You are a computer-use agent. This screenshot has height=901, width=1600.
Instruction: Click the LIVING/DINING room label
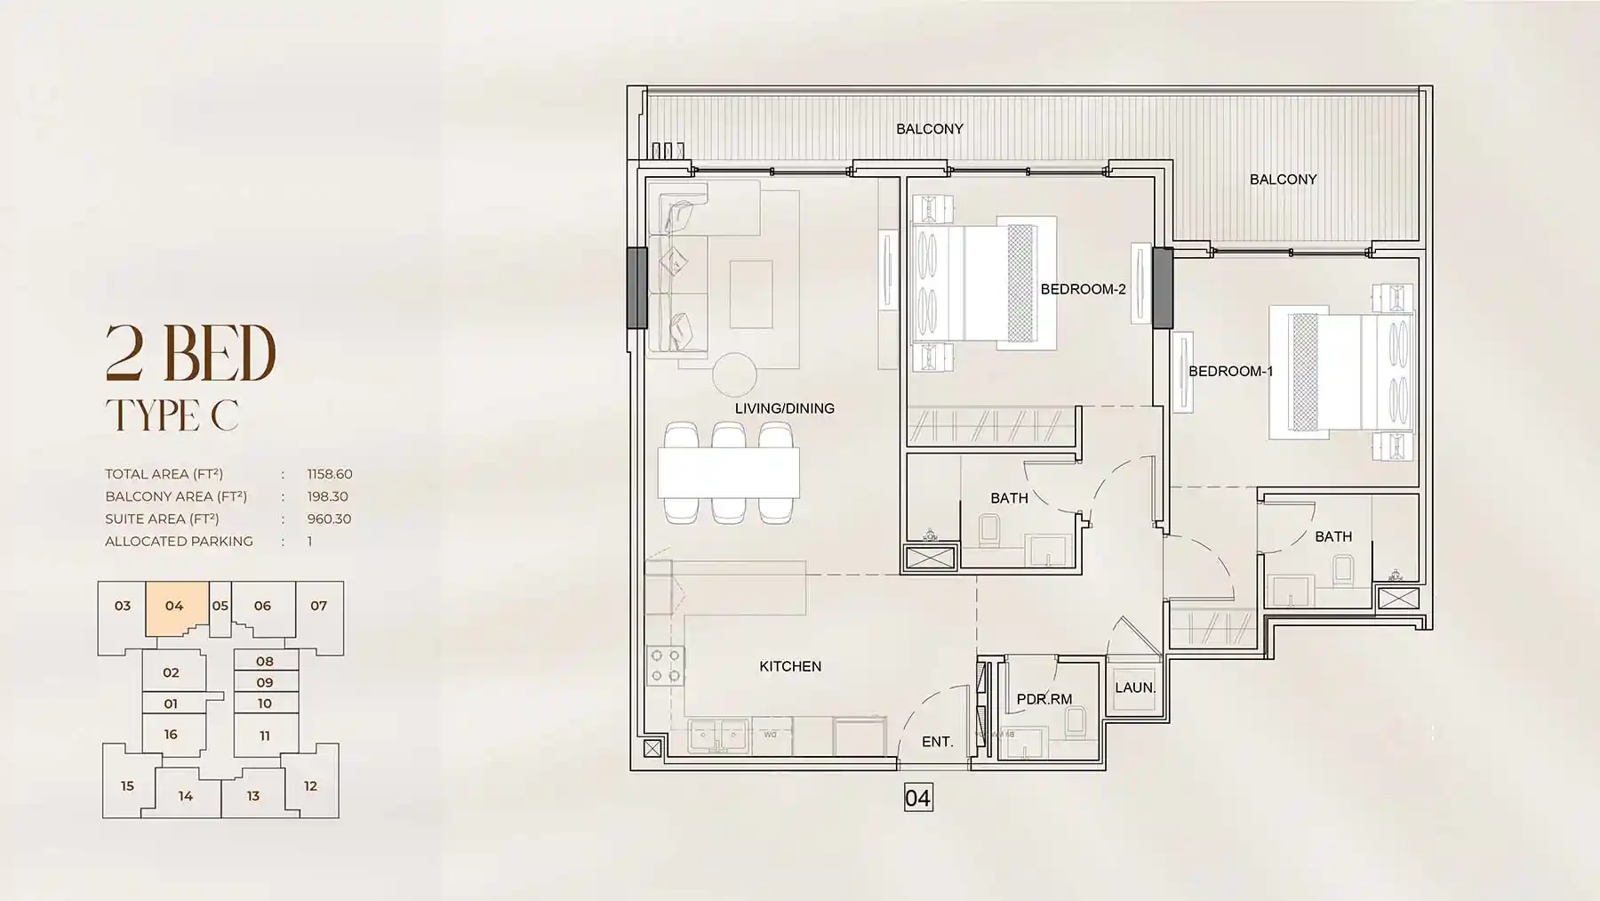[784, 408]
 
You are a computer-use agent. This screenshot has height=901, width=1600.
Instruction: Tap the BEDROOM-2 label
[1083, 289]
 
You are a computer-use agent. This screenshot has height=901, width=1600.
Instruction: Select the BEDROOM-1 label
[1230, 371]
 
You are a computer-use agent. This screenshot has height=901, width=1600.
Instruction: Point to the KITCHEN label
[790, 666]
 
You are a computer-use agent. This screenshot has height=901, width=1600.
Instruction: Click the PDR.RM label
[1044, 699]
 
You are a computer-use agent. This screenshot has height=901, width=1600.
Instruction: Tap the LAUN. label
[1135, 688]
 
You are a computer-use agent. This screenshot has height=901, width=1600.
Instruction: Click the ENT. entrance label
[937, 741]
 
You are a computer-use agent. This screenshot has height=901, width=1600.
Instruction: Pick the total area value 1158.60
[330, 474]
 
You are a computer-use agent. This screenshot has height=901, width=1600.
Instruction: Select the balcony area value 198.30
[327, 496]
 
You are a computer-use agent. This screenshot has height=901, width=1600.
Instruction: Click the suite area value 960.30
[329, 519]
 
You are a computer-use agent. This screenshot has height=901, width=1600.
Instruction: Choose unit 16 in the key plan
[171, 735]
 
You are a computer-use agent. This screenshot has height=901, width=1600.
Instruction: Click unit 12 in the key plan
[310, 786]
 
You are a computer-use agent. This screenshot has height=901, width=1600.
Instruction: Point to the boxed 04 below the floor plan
[917, 798]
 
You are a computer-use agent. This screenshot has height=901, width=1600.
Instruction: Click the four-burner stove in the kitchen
[665, 666]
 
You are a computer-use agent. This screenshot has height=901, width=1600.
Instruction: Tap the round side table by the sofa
[734, 374]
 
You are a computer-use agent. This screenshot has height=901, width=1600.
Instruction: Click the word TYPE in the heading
[152, 415]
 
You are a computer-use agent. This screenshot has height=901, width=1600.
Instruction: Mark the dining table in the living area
[728, 471]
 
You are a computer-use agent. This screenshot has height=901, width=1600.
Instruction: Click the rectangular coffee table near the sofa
[751, 294]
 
